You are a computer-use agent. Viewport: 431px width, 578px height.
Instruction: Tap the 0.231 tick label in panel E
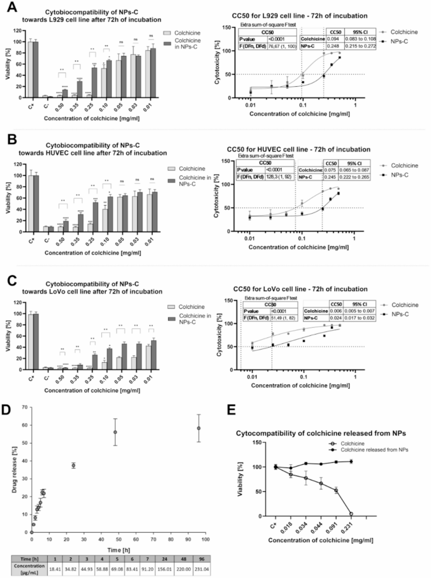pyautogui.click(x=350, y=525)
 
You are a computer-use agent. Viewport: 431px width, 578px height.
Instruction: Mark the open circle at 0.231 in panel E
pyautogui.click(x=350, y=514)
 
